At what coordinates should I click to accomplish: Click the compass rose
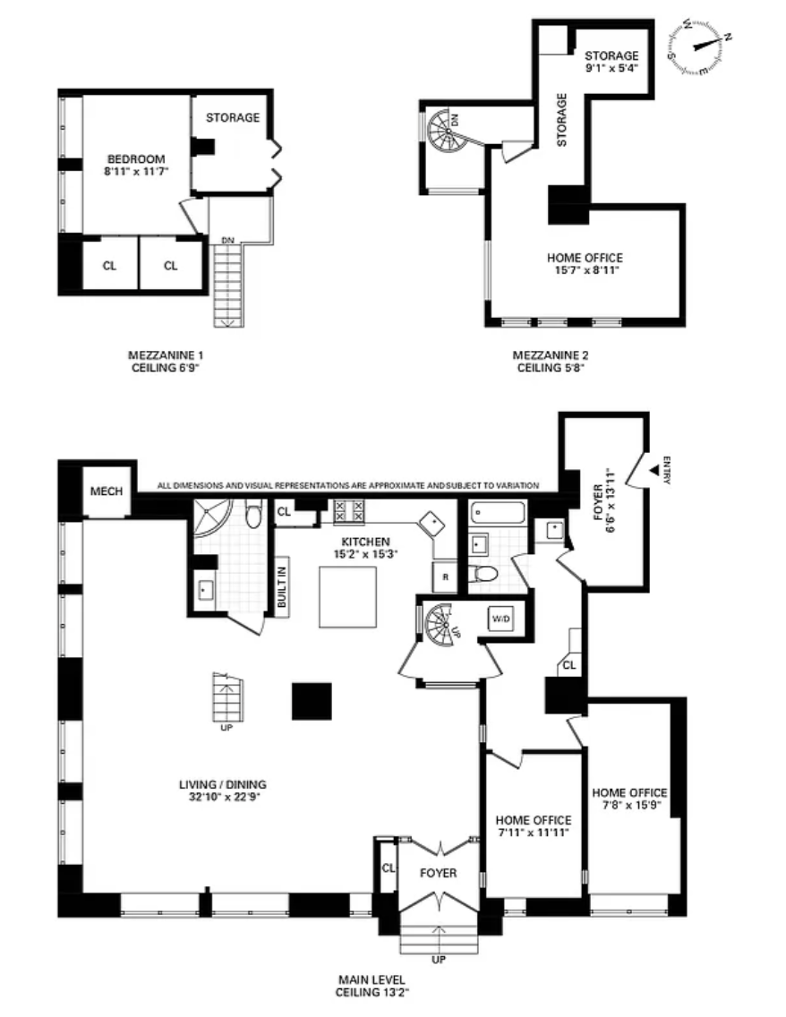700,46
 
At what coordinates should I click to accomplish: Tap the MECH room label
107,491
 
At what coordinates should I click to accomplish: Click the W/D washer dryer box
500,619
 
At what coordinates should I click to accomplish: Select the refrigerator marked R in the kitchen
445,577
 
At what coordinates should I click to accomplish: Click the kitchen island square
347,597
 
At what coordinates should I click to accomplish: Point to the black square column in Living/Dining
312,701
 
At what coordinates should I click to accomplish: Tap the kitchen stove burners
349,511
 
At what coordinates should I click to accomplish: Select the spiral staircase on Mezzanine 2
448,130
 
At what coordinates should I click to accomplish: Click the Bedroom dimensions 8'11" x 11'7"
136,172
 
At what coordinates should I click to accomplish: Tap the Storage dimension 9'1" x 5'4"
611,67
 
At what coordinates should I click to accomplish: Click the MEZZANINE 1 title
166,355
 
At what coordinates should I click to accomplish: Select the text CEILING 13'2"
372,992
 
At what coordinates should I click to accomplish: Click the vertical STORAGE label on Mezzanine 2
561,120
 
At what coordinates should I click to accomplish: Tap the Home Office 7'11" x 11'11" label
533,826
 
